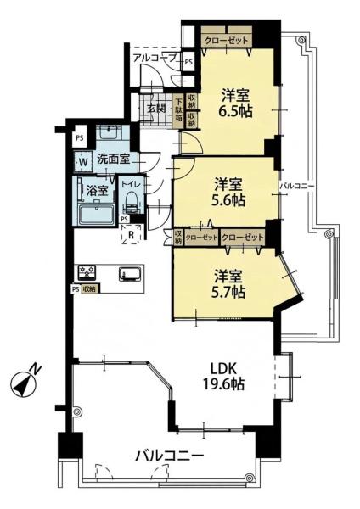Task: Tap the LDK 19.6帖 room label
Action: pos(223,376)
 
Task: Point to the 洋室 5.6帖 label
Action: pos(228,193)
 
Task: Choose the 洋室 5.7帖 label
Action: pos(228,283)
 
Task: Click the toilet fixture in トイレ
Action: pos(132,202)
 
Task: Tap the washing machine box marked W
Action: pos(83,162)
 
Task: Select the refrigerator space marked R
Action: pos(132,234)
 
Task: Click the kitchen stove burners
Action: pos(87,273)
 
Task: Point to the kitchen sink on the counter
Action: pos(130,273)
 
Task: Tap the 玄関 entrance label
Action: pos(156,108)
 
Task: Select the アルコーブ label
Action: pos(155,58)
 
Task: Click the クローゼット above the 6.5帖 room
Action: pos(226,41)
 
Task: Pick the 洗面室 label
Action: pos(114,159)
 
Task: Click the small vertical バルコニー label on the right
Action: pos(297,186)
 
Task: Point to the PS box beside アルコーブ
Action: pos(188,61)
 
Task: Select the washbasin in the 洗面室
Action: pos(109,132)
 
